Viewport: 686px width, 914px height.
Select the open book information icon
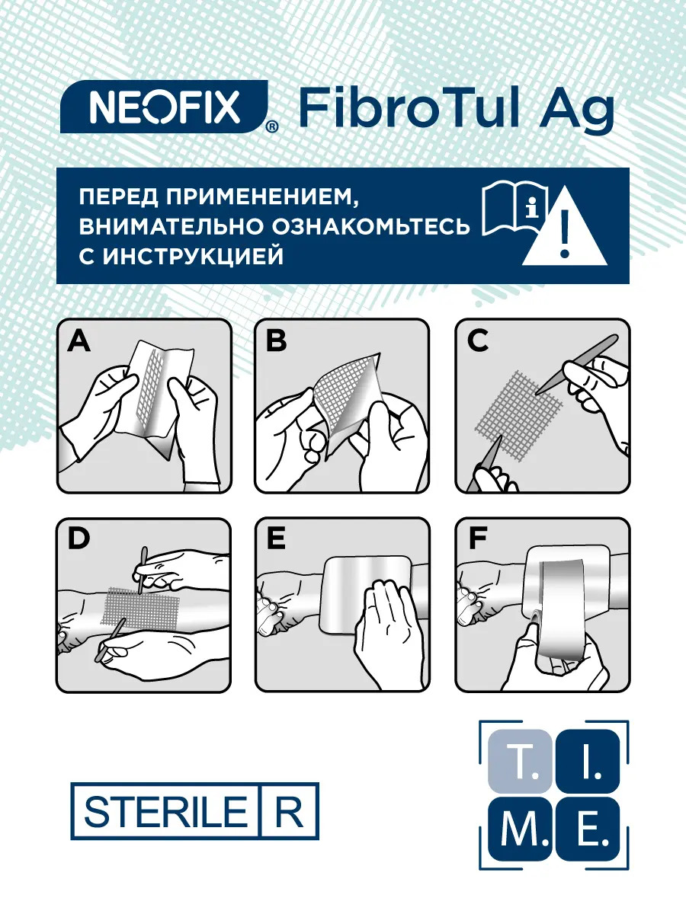[514, 208]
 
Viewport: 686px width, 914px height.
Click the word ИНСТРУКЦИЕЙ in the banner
[194, 257]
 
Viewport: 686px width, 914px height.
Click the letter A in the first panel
[79, 341]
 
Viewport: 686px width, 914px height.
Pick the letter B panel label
[276, 340]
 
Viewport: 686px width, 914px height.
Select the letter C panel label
[477, 340]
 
